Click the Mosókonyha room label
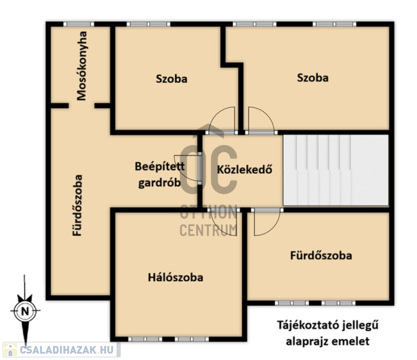(82, 66)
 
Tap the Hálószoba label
(176, 278)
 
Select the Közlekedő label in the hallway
(244, 170)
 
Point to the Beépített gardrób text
(160, 175)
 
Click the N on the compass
(25, 311)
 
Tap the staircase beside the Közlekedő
(336, 170)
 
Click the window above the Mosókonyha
(79, 24)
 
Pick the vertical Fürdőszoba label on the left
(78, 205)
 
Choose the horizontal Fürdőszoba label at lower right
(321, 255)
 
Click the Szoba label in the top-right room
(312, 78)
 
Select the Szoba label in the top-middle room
(171, 79)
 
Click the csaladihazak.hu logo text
(67, 350)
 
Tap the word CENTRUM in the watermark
(208, 230)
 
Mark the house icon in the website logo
(10, 350)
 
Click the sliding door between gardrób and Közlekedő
(200, 169)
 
